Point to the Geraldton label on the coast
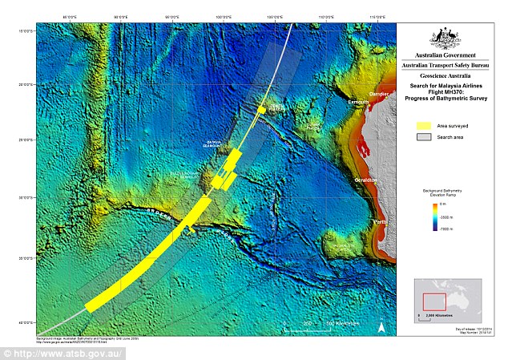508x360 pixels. (x=368, y=180)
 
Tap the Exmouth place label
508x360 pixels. (x=358, y=103)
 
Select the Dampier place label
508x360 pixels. (x=381, y=95)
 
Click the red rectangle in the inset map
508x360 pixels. (x=434, y=301)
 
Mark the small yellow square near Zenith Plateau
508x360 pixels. (x=261, y=109)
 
